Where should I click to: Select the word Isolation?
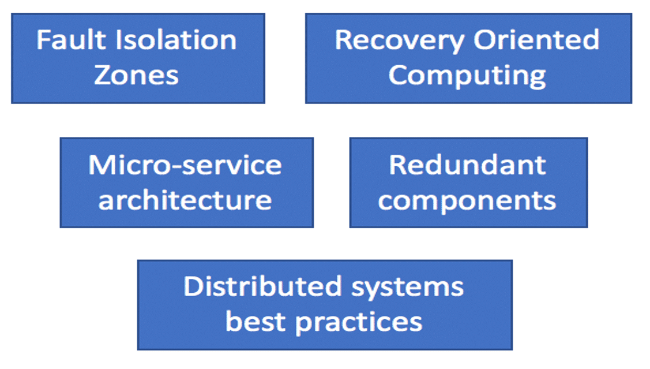coord(176,40)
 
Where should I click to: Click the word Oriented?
coord(536,40)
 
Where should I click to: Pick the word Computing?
coord(467,77)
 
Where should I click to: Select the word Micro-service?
coord(185,165)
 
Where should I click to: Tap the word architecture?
coord(185,200)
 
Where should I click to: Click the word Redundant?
coord(468,165)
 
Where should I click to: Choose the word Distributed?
coord(263,286)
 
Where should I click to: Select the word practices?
coord(359,323)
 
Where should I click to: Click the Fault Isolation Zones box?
coord(138,58)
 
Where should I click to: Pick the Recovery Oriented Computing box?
coord(469,58)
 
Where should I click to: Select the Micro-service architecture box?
coord(186,182)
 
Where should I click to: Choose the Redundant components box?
coord(469,182)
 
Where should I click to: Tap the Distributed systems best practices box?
coord(325,305)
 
